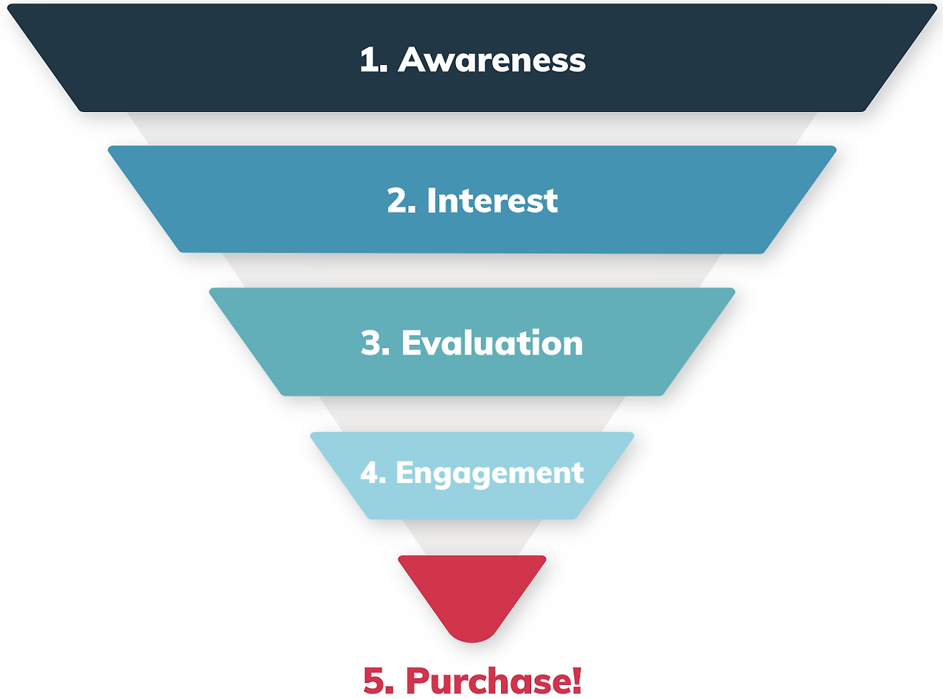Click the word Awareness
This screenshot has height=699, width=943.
tap(492, 60)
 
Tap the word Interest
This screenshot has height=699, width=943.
tap(492, 201)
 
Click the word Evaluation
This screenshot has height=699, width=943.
tap(492, 344)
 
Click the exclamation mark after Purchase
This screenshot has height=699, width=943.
tap(576, 680)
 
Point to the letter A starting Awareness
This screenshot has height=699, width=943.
tap(414, 60)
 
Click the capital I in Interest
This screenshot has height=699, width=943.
tap(432, 201)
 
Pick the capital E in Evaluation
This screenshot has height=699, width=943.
tap(411, 344)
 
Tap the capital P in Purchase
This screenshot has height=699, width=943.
tap(418, 680)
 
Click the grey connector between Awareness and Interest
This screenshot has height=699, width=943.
tap(471, 129)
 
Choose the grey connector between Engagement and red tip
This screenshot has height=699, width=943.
tap(471, 537)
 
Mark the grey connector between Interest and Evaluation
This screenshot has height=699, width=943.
tap(471, 271)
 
